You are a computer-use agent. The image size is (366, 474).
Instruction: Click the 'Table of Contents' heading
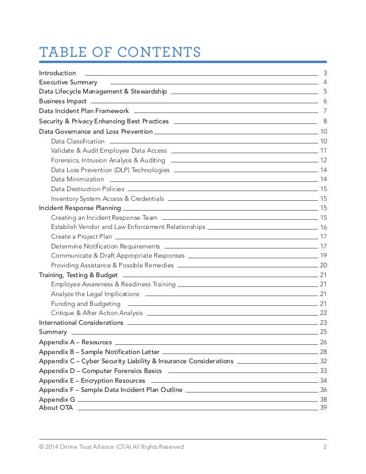click(x=119, y=53)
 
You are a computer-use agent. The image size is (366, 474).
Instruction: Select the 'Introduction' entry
click(x=57, y=73)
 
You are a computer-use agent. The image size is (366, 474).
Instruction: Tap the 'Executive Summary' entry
click(x=68, y=82)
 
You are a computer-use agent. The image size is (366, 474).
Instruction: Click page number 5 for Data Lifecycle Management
click(x=325, y=91)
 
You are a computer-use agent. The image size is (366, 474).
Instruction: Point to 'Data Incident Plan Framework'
click(x=84, y=110)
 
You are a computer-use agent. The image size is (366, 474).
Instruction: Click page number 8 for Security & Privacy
click(x=325, y=121)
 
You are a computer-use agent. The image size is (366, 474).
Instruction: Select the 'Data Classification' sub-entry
click(x=77, y=141)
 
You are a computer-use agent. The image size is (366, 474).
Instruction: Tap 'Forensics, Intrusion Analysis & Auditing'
click(x=108, y=160)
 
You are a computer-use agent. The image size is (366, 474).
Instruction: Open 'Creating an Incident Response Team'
click(x=104, y=217)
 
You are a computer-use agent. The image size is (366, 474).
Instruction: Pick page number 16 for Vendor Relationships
click(x=324, y=227)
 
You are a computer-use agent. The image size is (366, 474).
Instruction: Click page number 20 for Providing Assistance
click(x=324, y=265)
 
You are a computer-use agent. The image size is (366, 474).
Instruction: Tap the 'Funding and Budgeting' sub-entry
click(x=85, y=304)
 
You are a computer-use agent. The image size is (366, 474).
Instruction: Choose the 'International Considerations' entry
click(x=81, y=323)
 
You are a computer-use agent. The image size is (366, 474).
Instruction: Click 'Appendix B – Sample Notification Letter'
click(x=99, y=351)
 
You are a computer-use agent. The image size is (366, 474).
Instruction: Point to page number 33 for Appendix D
click(x=324, y=371)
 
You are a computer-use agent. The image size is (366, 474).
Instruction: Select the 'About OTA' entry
click(x=56, y=407)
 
